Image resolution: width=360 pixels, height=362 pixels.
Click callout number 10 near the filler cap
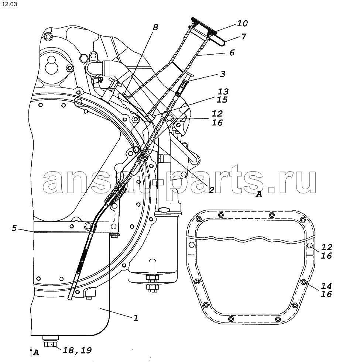242,23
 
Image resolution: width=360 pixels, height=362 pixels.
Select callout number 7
244,36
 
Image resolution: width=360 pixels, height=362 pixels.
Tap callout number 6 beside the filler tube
232,53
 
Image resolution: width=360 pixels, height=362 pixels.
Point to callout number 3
222,74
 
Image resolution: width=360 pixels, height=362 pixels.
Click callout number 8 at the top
155,27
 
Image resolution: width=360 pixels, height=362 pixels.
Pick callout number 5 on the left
14,228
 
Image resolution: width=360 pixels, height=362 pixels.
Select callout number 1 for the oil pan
136,318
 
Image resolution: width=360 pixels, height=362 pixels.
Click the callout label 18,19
77,350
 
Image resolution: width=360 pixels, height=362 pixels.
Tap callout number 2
211,190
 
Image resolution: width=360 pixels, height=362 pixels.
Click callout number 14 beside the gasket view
326,286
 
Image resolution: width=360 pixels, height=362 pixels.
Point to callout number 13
223,92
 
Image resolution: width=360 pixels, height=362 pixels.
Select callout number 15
222,100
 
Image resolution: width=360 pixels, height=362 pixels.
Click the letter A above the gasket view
259,194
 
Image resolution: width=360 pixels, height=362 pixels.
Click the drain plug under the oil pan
51,341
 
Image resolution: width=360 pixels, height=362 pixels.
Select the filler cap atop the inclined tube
204,27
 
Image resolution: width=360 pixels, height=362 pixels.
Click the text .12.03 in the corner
8,4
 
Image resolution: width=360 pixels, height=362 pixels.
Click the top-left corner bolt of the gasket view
198,219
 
